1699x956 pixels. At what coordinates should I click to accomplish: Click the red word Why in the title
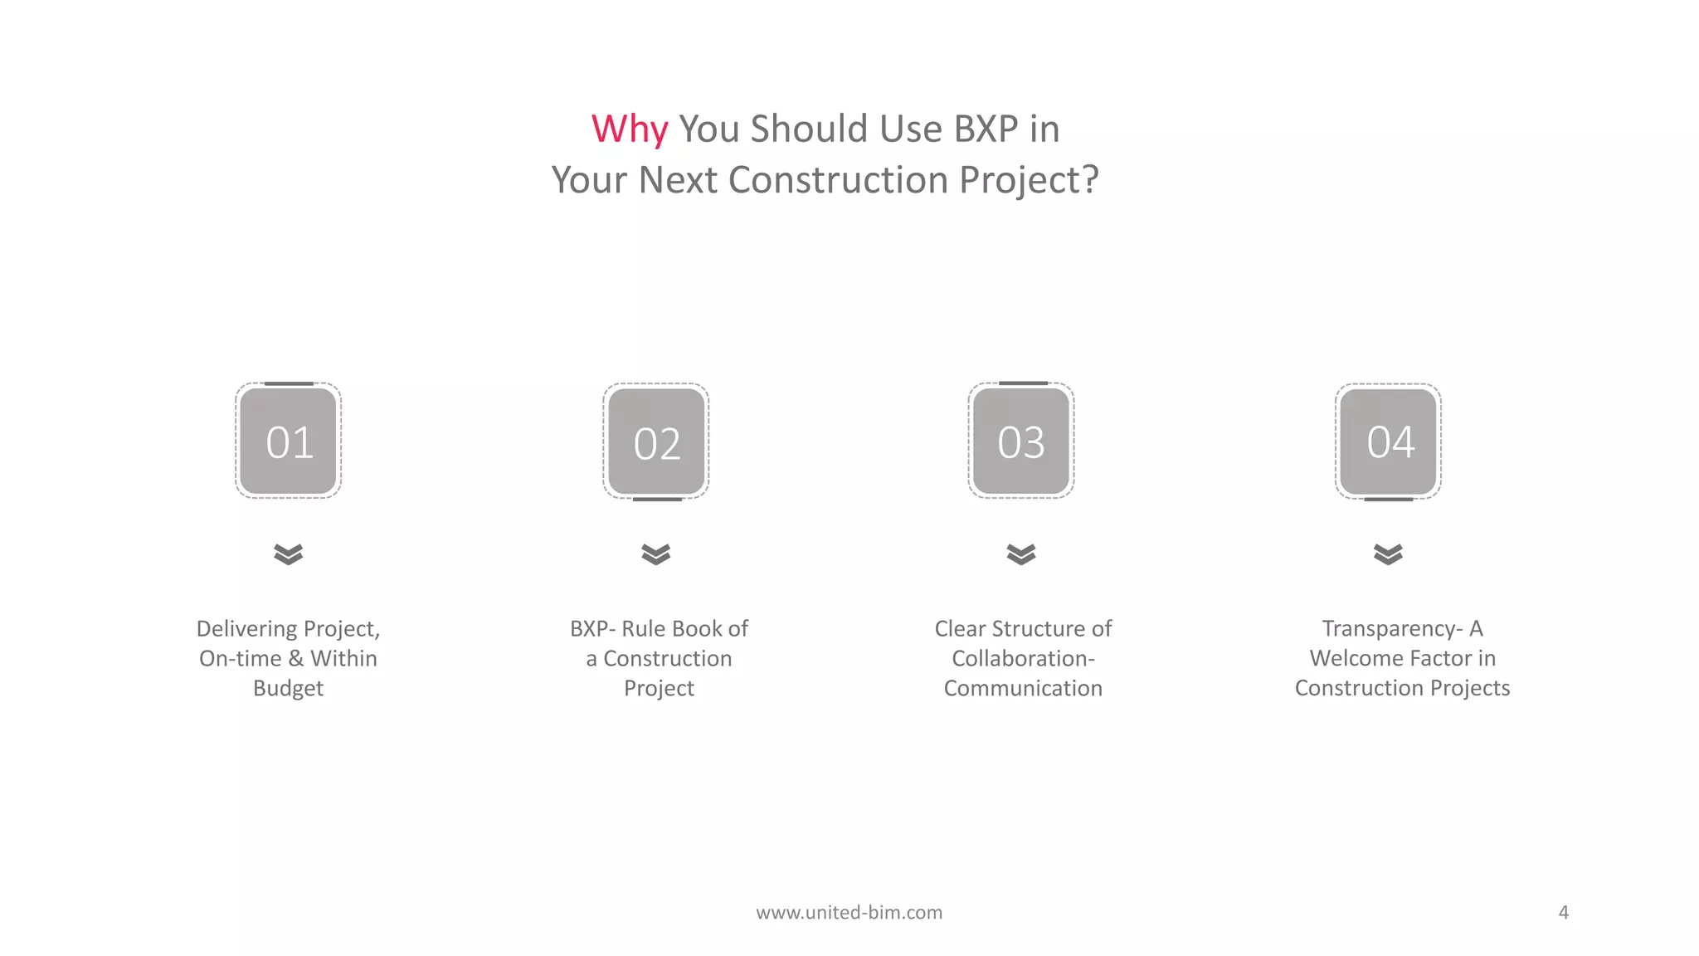[x=629, y=129]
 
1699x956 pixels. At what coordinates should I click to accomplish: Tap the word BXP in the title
[x=986, y=129]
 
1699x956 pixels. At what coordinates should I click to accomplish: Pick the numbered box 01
[x=289, y=441]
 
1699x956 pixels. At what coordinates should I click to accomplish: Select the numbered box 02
[x=656, y=442]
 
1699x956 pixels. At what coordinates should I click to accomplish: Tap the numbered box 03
[x=1021, y=441]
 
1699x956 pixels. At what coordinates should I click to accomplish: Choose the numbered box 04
[x=1388, y=441]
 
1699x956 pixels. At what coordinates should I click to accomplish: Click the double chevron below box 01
[x=289, y=554]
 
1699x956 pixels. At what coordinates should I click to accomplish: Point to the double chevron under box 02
[x=656, y=554]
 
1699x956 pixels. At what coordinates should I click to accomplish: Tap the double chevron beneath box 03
[x=1021, y=554]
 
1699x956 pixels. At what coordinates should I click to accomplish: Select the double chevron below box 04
[x=1388, y=554]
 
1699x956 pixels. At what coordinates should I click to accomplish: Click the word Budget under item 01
[x=288, y=689]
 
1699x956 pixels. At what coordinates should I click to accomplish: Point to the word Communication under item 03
[x=1023, y=689]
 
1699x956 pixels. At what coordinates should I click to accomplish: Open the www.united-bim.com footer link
[x=849, y=913]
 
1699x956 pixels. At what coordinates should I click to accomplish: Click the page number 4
[x=1563, y=913]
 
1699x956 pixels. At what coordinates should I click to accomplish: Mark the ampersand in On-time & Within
[x=296, y=659]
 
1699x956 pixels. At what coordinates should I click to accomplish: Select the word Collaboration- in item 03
[x=1023, y=659]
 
